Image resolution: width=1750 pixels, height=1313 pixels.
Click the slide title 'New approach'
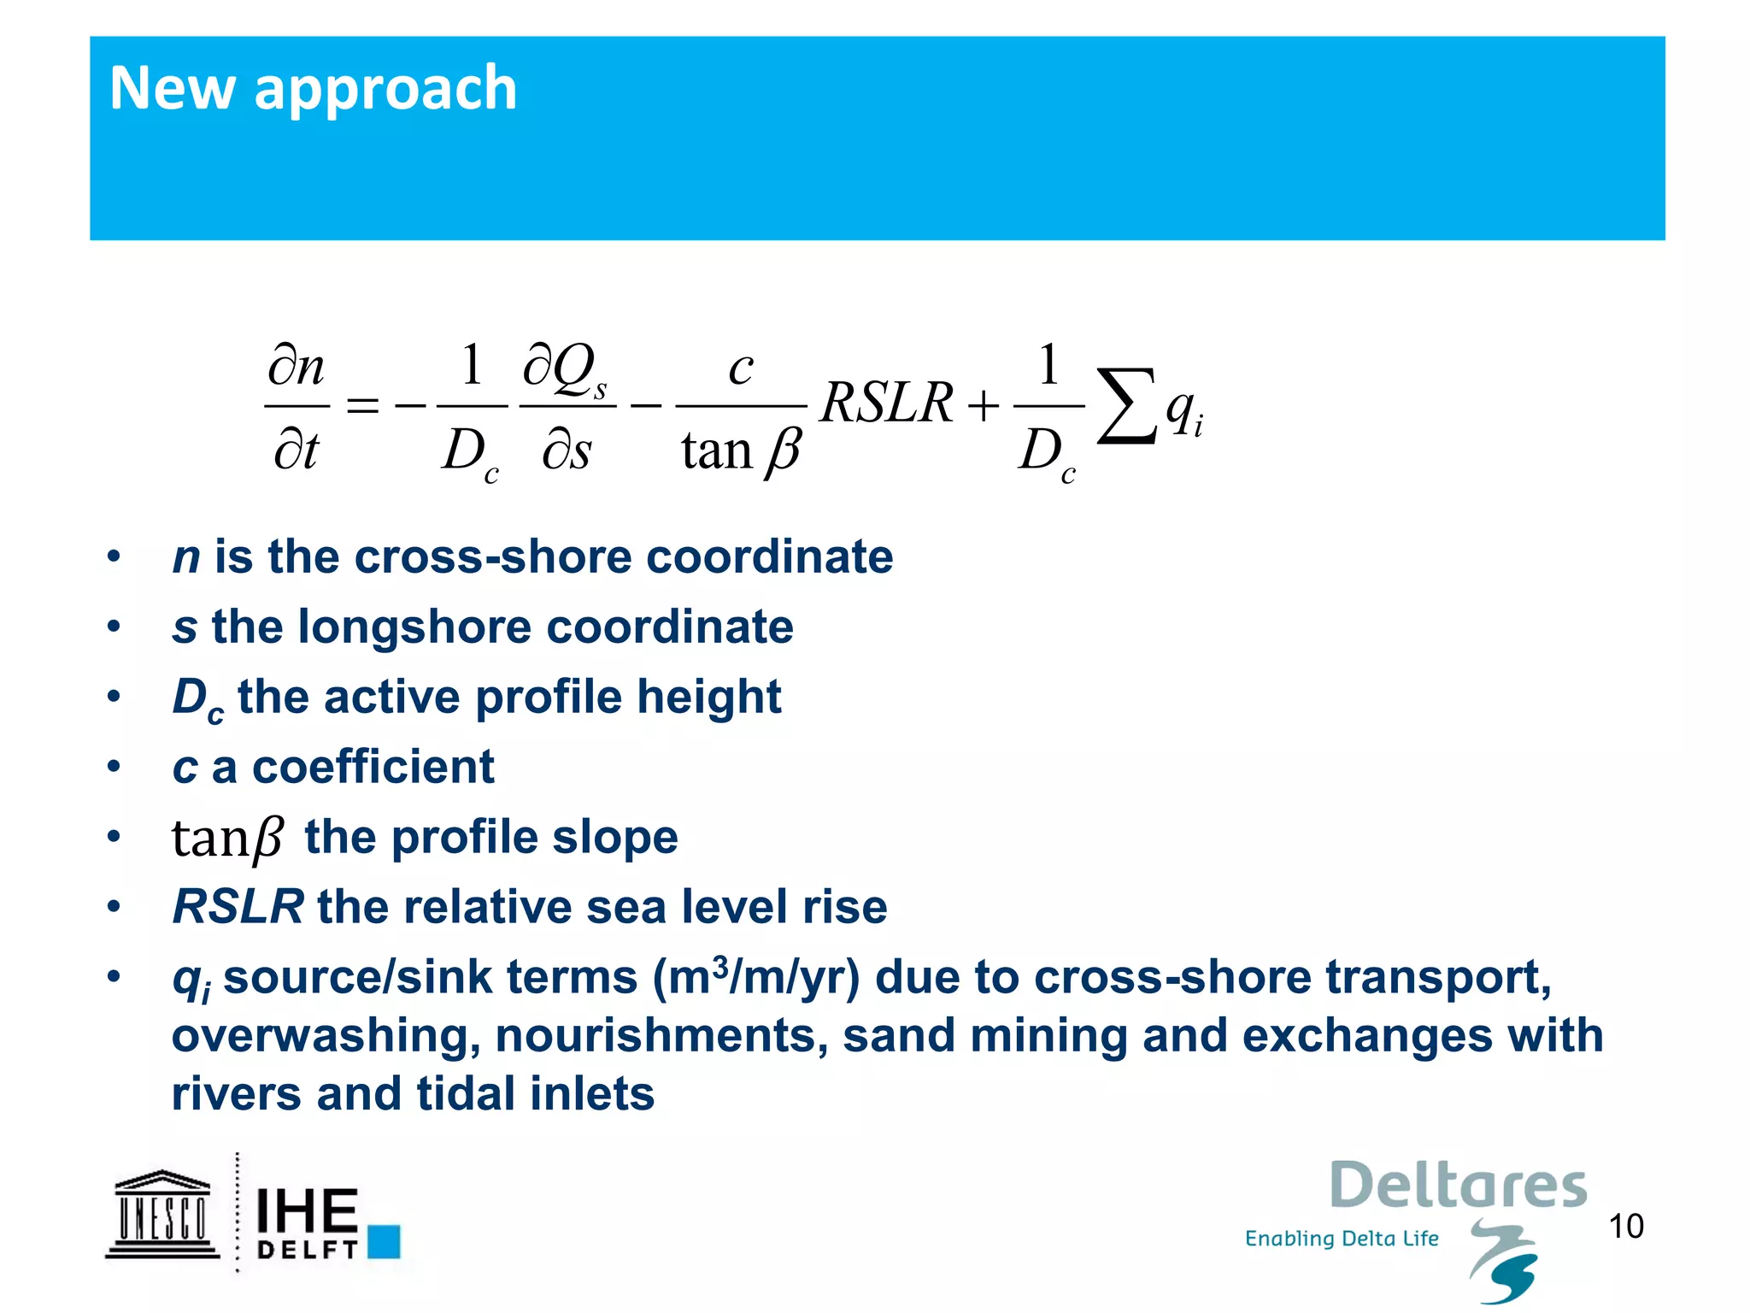point(313,89)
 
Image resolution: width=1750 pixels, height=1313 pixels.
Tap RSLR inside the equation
point(886,402)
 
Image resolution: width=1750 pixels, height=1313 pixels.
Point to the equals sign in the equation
point(362,405)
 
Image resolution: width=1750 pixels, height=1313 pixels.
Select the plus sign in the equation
point(984,405)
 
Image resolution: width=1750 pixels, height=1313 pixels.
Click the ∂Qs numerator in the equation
point(565,369)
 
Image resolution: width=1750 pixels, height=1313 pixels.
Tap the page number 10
point(1625,1226)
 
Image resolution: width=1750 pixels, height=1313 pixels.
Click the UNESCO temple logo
point(162,1214)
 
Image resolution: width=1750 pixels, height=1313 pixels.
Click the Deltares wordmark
point(1458,1186)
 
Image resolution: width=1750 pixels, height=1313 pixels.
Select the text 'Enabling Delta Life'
point(1342,1239)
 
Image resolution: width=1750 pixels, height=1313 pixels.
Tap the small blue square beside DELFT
point(384,1241)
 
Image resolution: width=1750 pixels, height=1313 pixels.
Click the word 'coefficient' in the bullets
point(373,767)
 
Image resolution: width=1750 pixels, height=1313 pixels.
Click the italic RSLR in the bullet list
point(238,907)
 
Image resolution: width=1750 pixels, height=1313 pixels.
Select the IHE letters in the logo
point(307,1210)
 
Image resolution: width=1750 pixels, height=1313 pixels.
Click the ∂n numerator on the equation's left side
point(297,368)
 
